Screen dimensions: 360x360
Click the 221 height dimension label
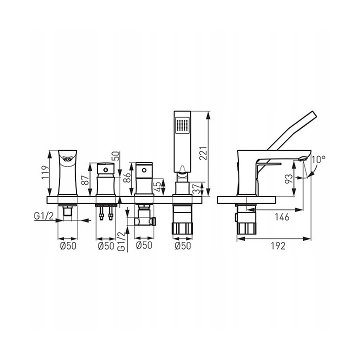(x=203, y=153)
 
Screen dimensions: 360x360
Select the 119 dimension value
(x=45, y=172)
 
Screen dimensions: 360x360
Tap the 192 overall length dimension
(x=278, y=246)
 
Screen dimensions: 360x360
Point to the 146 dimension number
(x=282, y=216)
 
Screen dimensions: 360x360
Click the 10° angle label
(x=318, y=159)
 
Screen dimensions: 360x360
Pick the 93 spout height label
(x=289, y=178)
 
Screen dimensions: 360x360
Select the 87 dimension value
(x=84, y=180)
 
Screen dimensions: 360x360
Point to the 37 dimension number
(x=196, y=188)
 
